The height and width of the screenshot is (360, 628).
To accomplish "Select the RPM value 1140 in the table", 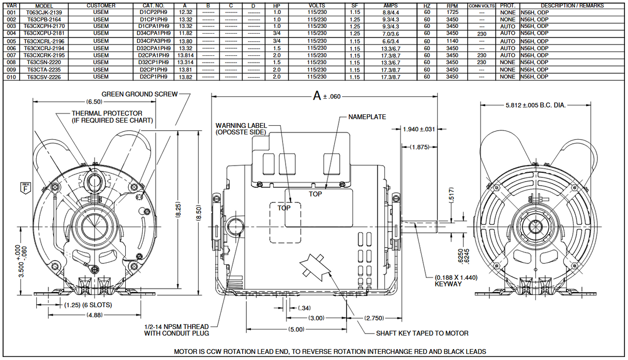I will (x=452, y=41).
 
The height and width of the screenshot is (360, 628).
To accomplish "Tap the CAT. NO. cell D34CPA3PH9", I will (x=154, y=41).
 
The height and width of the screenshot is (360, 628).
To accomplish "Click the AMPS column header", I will (x=391, y=6).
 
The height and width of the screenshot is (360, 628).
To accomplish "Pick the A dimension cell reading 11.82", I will (x=186, y=33).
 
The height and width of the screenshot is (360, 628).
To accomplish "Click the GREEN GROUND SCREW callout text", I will (x=140, y=94).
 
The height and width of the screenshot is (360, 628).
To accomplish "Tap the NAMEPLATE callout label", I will (x=367, y=117).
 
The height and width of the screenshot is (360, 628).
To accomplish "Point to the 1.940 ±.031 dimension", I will (x=418, y=129).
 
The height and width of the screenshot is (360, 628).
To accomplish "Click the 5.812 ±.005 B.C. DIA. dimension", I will (x=535, y=106).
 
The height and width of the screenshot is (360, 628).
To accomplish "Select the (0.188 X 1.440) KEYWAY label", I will (x=456, y=281).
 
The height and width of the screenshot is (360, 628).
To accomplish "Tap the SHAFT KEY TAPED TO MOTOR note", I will (x=422, y=333).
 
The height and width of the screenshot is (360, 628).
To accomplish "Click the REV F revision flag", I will (x=25, y=187).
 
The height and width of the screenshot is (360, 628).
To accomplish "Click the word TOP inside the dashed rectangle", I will (x=284, y=208).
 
